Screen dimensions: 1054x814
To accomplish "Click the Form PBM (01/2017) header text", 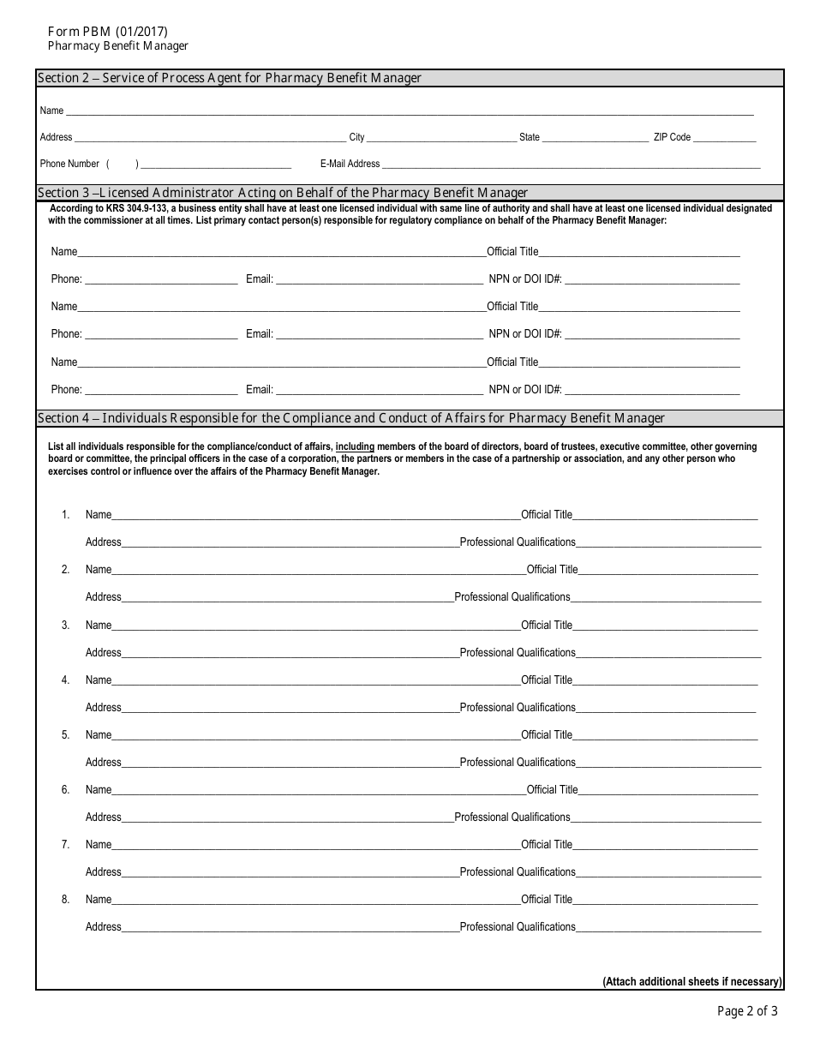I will click(x=102, y=32).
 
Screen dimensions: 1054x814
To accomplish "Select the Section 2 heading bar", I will click(x=409, y=78).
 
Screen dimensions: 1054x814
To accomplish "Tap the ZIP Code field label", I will click(x=672, y=137).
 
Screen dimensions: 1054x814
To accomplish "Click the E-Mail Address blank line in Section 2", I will click(x=571, y=165).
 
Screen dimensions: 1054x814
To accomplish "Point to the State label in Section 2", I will click(x=530, y=137).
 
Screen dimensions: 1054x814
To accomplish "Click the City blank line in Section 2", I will click(x=440, y=138).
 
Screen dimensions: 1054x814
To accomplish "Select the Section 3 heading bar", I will click(x=409, y=193).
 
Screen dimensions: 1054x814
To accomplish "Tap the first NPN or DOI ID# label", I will click(x=525, y=279).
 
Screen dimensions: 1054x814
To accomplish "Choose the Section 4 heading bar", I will click(x=409, y=418).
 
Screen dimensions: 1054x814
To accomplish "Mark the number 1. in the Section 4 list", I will click(x=65, y=515).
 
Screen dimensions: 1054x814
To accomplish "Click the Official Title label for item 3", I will click(x=547, y=625).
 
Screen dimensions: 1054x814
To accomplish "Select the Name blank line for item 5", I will click(x=315, y=736).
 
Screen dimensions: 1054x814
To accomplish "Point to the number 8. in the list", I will click(x=65, y=899).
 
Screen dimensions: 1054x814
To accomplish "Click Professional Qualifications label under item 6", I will click(x=512, y=817).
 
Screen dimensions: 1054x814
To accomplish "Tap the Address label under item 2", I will click(x=104, y=597).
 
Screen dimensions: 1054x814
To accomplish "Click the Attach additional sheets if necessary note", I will click(x=692, y=982).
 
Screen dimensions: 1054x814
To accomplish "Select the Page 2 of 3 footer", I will click(x=747, y=1011).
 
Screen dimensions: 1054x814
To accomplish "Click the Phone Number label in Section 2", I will click(x=69, y=164).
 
